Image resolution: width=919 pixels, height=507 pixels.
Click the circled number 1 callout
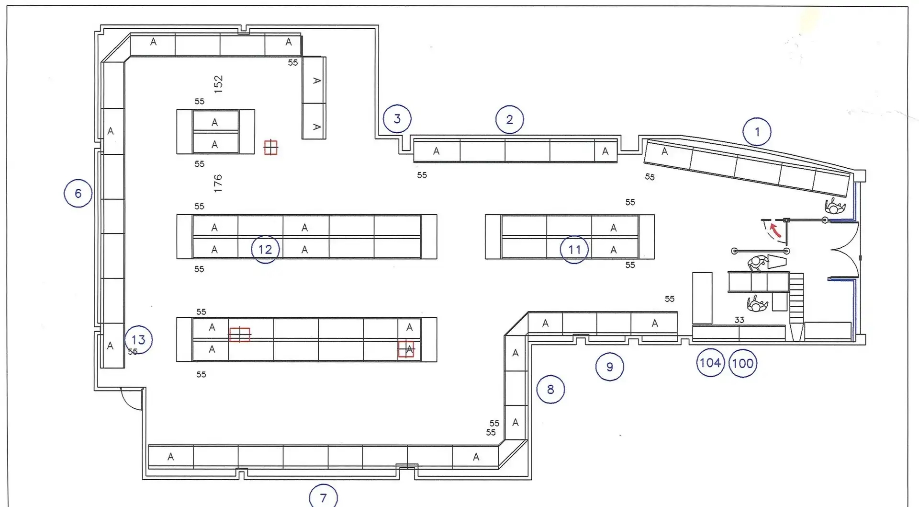[757, 132]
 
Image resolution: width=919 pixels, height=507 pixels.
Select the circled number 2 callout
[509, 119]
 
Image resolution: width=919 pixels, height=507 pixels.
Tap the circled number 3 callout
[397, 119]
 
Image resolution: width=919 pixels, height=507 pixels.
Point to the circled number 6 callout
[78, 193]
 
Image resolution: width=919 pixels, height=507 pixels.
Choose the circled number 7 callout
[323, 497]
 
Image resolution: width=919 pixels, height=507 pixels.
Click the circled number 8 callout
[550, 389]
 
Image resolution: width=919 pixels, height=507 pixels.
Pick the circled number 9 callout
[609, 367]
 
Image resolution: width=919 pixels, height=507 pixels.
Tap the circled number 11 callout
[574, 249]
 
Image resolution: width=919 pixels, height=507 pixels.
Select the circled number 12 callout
[265, 249]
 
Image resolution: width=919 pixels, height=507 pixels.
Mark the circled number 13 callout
[138, 340]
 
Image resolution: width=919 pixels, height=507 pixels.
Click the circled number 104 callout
[710, 363]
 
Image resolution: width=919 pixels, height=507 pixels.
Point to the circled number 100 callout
[742, 363]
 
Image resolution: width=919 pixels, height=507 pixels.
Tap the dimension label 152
[218, 84]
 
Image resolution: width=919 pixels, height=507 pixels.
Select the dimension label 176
[218, 183]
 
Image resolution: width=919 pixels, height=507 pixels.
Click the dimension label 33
[739, 320]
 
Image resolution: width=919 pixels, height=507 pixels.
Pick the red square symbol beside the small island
[271, 147]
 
